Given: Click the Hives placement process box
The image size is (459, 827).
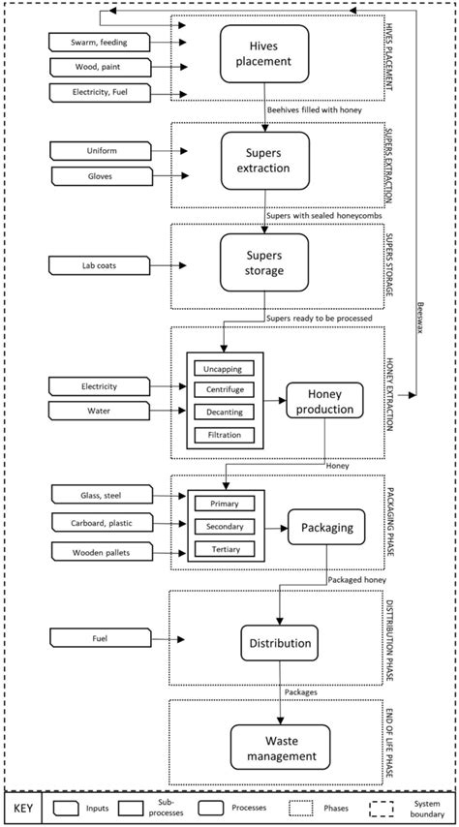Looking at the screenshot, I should coord(263,53).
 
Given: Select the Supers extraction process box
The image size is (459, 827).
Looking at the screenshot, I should coord(263,161).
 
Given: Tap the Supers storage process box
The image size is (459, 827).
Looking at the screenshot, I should coord(263,261).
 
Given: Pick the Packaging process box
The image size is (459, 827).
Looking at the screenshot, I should coord(325,529).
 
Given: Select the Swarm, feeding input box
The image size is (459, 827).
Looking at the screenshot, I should coord(98,43).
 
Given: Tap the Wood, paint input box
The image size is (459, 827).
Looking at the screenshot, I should coord(98,68).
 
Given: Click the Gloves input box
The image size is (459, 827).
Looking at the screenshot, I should coord(98,175).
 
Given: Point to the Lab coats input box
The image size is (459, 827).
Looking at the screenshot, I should coord(98,263).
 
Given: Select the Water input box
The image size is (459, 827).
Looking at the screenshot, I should coord(98,412).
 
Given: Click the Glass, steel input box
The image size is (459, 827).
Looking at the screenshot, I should coord(98,496).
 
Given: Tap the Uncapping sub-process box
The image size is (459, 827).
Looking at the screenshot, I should coord(224,368).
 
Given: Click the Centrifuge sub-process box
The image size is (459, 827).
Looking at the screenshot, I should coord(224,390).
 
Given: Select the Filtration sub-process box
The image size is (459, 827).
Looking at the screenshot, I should coord(224,435).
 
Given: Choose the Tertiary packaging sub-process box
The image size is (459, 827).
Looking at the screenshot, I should coord(224,549).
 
